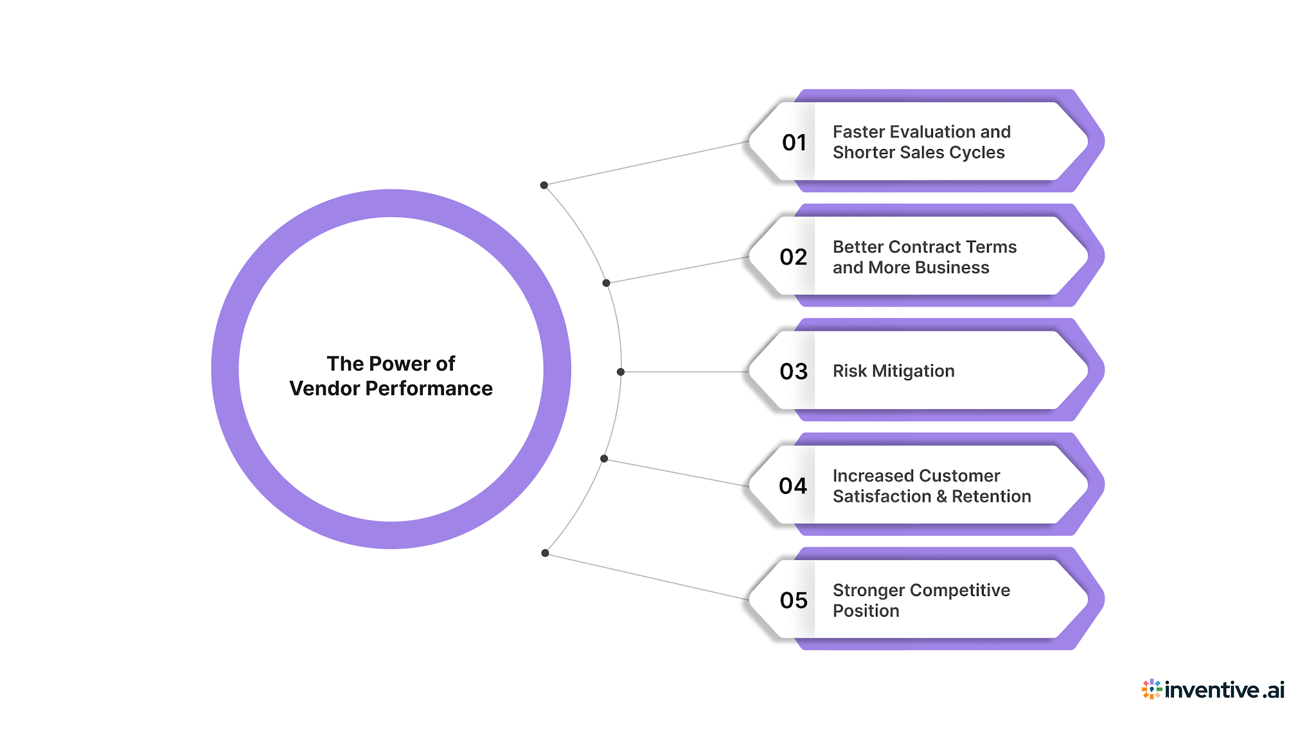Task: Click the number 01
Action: (794, 142)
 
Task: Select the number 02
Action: (793, 257)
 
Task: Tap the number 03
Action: (793, 371)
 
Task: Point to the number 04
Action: (792, 486)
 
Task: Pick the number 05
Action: (793, 600)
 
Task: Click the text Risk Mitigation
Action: (893, 371)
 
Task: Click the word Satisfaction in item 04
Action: (882, 497)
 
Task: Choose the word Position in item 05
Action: (866, 611)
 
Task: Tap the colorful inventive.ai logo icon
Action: (1151, 689)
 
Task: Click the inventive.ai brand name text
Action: (1224, 690)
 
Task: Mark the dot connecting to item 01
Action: (544, 185)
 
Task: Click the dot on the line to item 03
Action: (621, 372)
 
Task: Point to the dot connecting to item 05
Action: (545, 553)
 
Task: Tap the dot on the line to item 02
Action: (606, 283)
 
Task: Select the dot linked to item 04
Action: (604, 459)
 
